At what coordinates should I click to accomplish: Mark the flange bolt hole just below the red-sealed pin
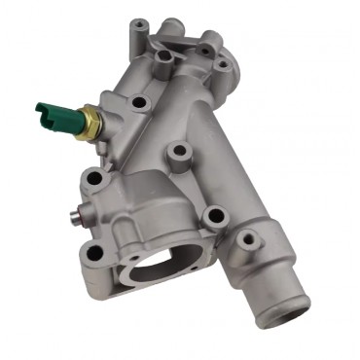[x=94, y=252]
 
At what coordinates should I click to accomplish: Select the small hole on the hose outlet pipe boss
[x=248, y=237]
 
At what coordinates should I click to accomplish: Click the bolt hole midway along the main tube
[x=178, y=152]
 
